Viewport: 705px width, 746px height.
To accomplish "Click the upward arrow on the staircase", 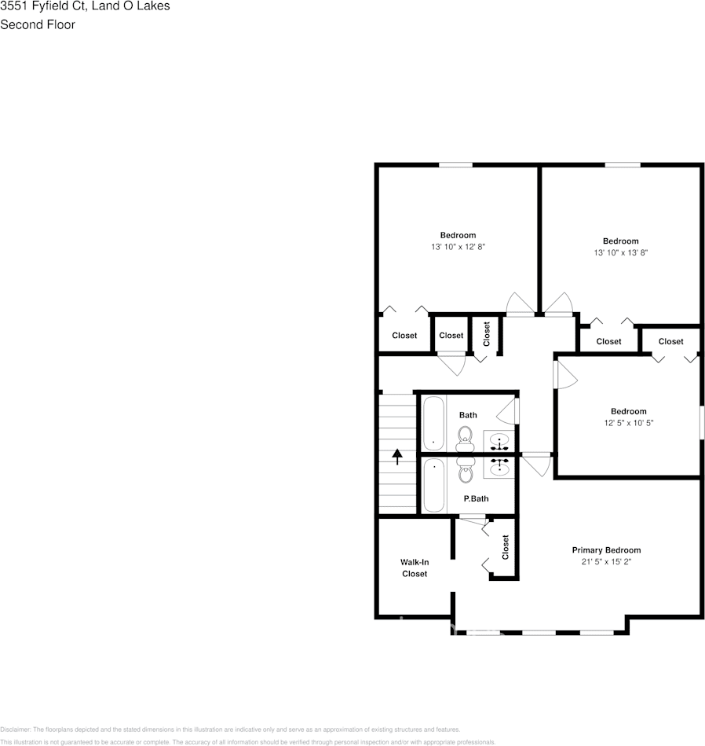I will tap(397, 456).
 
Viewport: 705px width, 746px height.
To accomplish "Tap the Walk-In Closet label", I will tap(415, 568).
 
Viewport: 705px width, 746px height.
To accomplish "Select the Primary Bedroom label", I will tap(606, 550).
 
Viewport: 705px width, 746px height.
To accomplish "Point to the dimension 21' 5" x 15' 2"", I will tap(606, 562).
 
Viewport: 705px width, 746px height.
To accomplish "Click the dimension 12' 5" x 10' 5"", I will tap(628, 423).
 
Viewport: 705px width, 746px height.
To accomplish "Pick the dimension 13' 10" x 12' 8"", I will tap(458, 247).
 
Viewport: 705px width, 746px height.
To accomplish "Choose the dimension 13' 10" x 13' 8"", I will tap(620, 253).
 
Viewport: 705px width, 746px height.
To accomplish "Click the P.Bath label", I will tap(476, 498).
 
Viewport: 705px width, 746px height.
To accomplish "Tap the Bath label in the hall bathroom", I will tap(468, 415).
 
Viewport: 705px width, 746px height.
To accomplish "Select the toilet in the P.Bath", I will tap(465, 472).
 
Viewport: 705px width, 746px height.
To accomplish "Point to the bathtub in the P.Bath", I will tap(433, 484).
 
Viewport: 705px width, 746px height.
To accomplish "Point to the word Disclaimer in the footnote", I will tap(15, 729).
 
